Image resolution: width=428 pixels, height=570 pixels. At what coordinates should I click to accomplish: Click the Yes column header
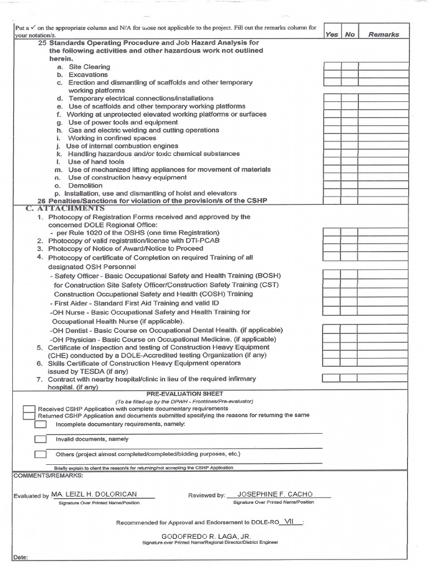pos(332,34)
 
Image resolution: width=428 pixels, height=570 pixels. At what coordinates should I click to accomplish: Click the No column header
pos(349,34)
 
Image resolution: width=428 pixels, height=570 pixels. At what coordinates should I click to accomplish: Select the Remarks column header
pos(383,34)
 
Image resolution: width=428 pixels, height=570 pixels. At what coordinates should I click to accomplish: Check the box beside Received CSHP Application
pos(28,409)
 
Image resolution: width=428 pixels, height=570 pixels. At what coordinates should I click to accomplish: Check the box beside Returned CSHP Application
pos(28,416)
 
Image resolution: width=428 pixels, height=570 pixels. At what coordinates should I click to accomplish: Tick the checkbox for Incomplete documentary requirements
pos(40,424)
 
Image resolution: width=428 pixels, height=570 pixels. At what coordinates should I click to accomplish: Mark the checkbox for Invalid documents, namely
pos(40,439)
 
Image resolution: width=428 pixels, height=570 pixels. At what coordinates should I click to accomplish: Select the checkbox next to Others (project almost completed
pos(40,454)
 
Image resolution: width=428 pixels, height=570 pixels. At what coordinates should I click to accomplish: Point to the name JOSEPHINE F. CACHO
pos(275,494)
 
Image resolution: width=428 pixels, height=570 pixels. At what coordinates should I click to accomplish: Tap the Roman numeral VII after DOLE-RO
pos(289,522)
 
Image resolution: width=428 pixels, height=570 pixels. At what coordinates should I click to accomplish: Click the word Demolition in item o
pos(85,185)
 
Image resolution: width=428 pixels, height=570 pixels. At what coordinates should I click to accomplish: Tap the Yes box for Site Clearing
pos(332,67)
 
